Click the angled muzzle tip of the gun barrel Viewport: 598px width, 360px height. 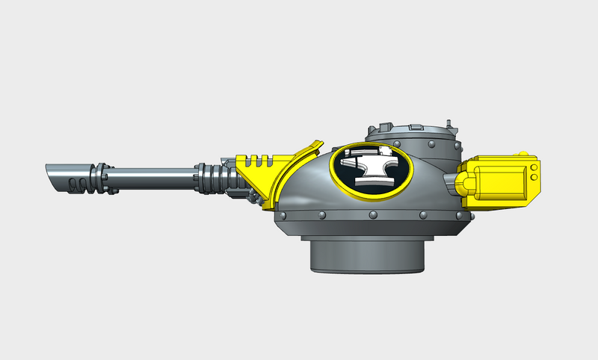pyautogui.click(x=52, y=177)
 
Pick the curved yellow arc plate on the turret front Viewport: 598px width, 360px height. pyautogui.click(x=295, y=168)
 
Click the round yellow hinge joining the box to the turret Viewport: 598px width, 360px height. pyautogui.click(x=463, y=183)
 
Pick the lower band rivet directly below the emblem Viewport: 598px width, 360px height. pyautogui.click(x=372, y=217)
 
